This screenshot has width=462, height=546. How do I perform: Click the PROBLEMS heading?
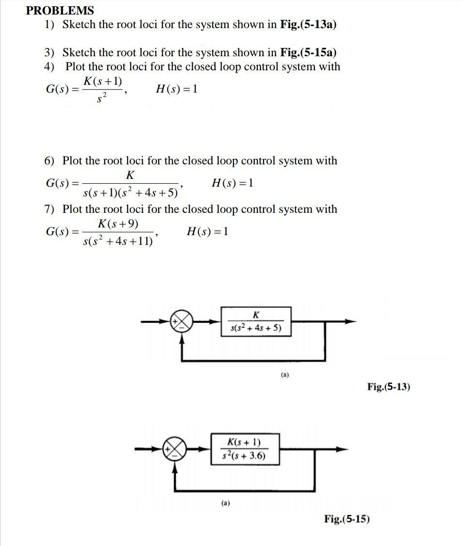60,10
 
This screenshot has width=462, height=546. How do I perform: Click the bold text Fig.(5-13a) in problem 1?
308,25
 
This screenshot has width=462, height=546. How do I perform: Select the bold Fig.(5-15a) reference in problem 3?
308,52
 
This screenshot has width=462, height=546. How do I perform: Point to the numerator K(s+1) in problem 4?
103,81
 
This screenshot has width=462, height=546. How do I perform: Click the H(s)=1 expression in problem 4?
177,89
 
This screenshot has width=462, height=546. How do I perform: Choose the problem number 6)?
50,161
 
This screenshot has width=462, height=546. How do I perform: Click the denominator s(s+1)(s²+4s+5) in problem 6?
130,193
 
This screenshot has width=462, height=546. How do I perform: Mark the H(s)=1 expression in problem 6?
232,183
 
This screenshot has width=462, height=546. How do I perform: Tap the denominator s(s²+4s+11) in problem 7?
118,241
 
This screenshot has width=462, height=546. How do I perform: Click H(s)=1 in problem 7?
207,231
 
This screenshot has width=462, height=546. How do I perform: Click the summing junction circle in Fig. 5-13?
181,321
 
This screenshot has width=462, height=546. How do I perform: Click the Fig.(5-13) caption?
388,387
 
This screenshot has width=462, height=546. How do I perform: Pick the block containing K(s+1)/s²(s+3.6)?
245,449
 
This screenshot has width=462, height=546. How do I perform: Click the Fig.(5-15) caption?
346,519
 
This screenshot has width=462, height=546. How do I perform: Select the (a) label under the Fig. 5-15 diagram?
226,503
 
